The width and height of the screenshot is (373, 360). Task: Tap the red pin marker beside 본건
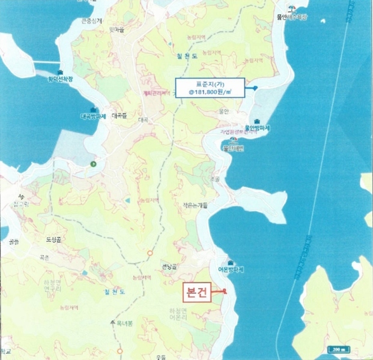tap(224, 292)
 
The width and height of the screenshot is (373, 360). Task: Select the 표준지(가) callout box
tap(209, 88)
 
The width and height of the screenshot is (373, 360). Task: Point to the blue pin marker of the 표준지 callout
tap(255, 88)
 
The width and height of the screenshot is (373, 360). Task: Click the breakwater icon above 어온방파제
tap(231, 261)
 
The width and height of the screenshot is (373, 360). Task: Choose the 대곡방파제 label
tap(93, 116)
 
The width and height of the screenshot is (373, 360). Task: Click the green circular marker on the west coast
tap(92, 163)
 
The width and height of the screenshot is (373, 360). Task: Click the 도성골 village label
tap(54, 239)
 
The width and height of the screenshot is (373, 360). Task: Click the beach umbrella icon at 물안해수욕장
tap(291, 9)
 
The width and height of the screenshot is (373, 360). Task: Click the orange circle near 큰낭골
tap(149, 253)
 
